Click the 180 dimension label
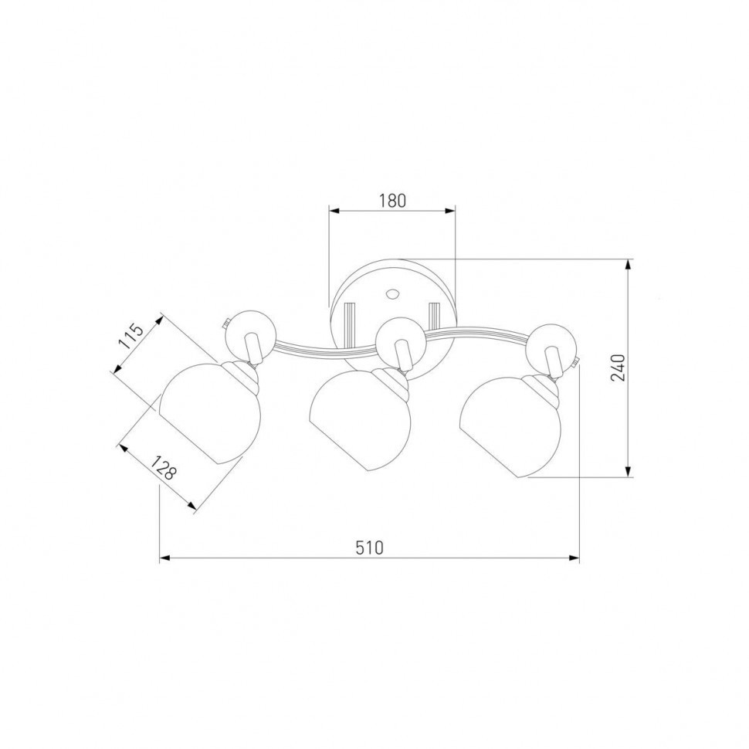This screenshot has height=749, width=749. [393, 201]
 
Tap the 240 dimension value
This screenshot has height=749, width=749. [618, 368]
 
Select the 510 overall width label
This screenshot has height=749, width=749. [369, 547]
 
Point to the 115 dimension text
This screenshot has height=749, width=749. [131, 337]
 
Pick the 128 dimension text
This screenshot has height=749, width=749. [164, 467]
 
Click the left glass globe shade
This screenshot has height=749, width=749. [210, 412]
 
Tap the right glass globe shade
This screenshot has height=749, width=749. [510, 426]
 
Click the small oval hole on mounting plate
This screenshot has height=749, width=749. [393, 293]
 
